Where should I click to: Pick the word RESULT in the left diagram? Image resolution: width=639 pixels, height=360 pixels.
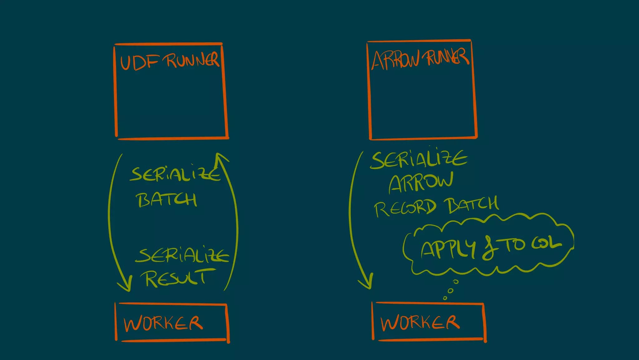click(176, 278)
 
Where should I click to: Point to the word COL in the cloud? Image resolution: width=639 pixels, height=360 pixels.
click(546, 244)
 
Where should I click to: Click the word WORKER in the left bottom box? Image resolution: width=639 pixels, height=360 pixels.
click(163, 323)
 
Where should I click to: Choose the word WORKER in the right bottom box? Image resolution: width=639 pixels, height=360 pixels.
click(420, 323)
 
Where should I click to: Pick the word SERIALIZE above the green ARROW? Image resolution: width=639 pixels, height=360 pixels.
click(418, 159)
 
